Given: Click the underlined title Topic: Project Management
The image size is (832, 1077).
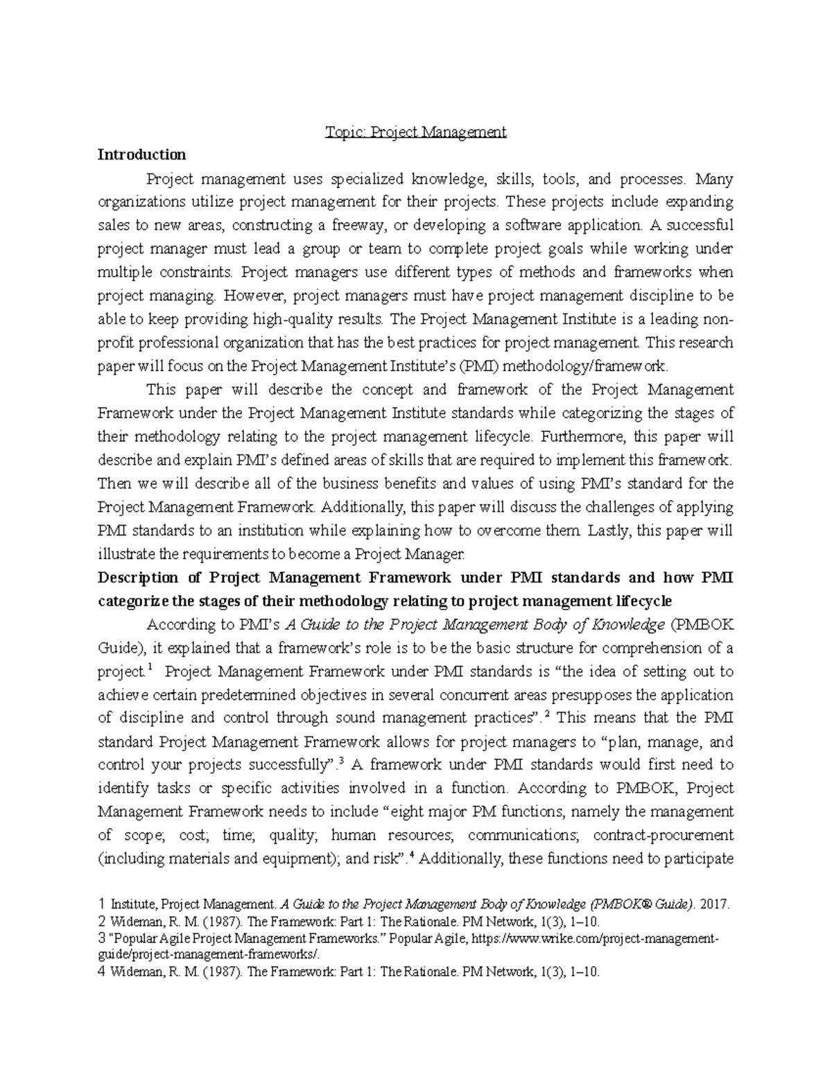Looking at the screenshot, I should click(x=416, y=132).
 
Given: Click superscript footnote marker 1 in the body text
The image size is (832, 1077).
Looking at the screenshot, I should click(x=149, y=669).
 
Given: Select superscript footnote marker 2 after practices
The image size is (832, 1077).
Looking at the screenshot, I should click(x=548, y=715).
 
